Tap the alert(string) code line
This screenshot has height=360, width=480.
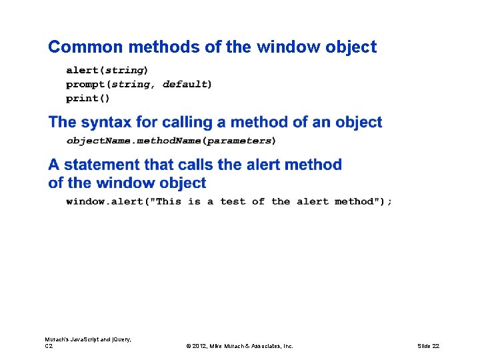107,69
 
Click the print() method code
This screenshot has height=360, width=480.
88,98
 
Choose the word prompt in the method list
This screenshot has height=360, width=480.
87,84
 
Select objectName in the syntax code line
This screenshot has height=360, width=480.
97,141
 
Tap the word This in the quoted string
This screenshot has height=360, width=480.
169,201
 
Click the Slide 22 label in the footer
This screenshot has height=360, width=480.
428,346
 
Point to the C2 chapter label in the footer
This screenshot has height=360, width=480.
49,346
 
